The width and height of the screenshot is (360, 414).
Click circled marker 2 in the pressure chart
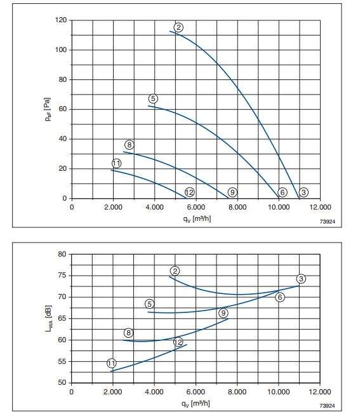(x=178, y=27)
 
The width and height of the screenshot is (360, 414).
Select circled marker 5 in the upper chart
(x=153, y=99)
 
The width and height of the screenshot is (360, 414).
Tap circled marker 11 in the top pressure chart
(x=116, y=163)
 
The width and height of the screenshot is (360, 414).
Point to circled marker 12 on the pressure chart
(x=189, y=192)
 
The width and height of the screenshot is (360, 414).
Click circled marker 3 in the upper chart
(x=303, y=192)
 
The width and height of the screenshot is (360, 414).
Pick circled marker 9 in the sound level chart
(x=223, y=313)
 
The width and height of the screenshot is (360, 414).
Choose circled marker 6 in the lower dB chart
(x=280, y=297)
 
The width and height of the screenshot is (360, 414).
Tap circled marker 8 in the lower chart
(x=128, y=333)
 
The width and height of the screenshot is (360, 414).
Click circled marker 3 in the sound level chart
(x=301, y=279)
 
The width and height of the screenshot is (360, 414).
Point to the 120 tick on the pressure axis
(x=61, y=20)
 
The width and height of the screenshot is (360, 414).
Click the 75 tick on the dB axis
(x=62, y=276)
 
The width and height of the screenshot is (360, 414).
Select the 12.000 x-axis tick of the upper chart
(x=320, y=207)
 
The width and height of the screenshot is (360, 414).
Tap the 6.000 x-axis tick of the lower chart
(x=196, y=392)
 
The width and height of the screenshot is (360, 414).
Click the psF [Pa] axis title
(x=48, y=109)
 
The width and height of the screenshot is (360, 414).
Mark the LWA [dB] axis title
(x=49, y=318)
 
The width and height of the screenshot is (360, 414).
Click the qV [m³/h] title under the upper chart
(x=197, y=219)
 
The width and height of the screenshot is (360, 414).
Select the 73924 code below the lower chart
(x=327, y=406)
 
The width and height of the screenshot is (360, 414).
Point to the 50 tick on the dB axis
(x=62, y=383)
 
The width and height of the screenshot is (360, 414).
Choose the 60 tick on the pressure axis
(x=63, y=109)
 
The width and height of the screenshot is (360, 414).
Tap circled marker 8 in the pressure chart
(x=129, y=145)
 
